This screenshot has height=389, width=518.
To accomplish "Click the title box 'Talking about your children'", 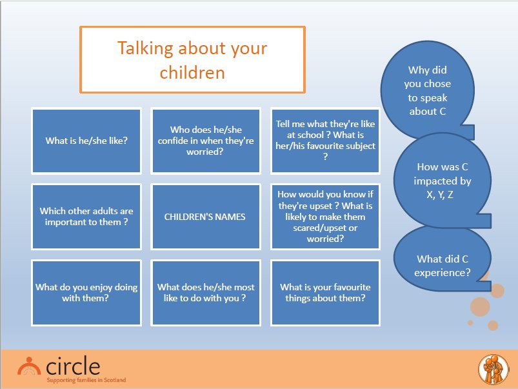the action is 192,59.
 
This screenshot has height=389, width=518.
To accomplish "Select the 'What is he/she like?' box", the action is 86,141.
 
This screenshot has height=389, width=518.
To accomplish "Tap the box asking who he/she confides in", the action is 206,141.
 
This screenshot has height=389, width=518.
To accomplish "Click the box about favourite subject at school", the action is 325,141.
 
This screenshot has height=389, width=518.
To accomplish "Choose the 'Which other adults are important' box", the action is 86,217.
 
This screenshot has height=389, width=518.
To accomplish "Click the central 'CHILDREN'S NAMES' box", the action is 206,217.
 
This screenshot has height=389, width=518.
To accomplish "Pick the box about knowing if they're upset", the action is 325,217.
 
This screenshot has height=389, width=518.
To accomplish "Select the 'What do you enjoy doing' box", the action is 86,293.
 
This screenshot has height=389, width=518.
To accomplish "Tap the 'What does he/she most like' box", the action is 206,293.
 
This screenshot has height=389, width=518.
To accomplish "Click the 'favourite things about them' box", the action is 325,293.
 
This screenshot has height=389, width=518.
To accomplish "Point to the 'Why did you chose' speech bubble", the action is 428,90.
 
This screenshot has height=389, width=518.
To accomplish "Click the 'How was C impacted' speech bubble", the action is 443,181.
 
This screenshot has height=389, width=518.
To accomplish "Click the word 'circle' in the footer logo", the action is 73,366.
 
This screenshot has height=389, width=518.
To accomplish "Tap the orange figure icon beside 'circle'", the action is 29,366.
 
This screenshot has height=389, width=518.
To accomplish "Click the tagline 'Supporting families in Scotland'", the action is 86,380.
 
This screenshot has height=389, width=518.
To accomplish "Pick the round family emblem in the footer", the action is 493,370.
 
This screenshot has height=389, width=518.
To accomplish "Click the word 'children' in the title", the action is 192,72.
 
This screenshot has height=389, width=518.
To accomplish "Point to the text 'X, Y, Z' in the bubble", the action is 440,195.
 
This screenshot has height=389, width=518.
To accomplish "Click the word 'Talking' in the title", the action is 145,49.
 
